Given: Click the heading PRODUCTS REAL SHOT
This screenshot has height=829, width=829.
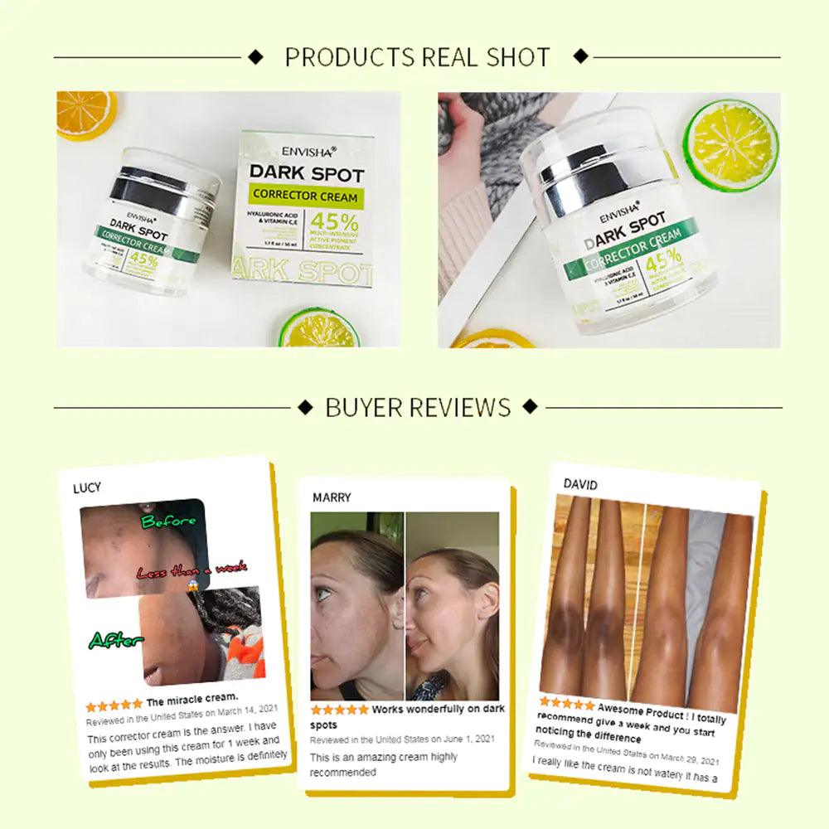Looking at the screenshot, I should (417, 57).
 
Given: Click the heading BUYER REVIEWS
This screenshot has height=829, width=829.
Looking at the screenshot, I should (418, 407).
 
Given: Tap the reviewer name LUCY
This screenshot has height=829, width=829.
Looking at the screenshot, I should (87, 487).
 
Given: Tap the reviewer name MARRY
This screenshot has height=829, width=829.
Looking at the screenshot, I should (332, 497).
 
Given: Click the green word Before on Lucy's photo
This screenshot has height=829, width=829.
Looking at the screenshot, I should (168, 521).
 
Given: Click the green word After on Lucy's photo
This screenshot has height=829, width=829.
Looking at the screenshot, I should (116, 640).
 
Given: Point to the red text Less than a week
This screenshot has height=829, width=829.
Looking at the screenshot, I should (191, 571).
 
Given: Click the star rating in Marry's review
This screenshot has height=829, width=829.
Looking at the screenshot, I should (339, 710).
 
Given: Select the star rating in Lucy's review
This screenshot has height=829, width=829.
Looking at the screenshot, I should (114, 705).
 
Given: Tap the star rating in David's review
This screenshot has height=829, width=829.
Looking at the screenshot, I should (567, 704).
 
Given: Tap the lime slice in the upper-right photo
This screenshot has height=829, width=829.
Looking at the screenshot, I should (730, 135).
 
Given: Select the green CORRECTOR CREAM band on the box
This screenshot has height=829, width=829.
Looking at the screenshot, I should (307, 196).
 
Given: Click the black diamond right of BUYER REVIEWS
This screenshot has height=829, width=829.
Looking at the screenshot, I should (531, 407).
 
